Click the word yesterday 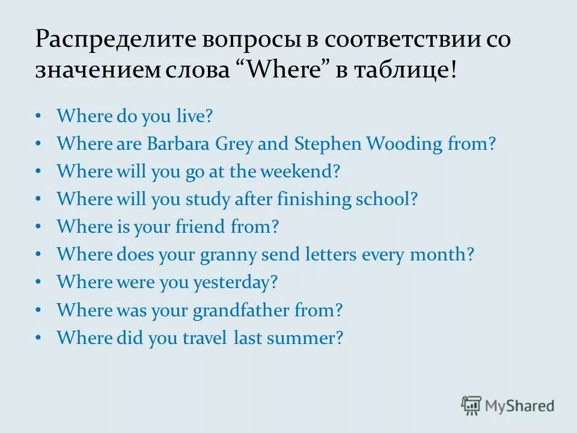(x=236, y=283)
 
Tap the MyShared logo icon (x=472, y=406)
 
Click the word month (x=441, y=255)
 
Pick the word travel (x=204, y=338)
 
